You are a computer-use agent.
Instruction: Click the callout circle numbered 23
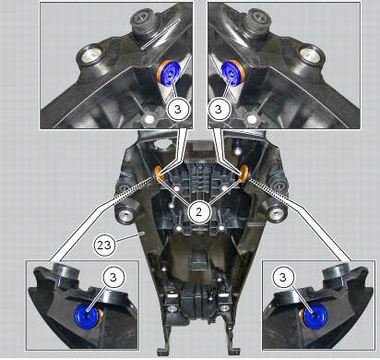tap(104, 246)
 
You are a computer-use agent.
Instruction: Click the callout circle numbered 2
tap(199, 212)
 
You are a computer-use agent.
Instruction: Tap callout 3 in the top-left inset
tap(178, 109)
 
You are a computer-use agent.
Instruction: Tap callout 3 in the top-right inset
tap(219, 109)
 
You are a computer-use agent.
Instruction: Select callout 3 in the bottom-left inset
tap(113, 277)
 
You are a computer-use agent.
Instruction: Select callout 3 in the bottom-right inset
tap(283, 277)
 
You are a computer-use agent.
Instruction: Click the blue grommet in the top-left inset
tap(171, 73)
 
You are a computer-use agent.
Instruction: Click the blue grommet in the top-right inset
tap(231, 73)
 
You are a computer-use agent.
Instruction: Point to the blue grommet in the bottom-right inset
tap(315, 316)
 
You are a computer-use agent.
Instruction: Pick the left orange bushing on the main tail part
tap(160, 174)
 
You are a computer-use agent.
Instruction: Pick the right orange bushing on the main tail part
tap(244, 174)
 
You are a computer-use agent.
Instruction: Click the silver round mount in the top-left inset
tap(91, 56)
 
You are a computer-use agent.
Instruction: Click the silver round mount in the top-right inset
tap(311, 56)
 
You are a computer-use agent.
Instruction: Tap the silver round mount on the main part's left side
tap(125, 213)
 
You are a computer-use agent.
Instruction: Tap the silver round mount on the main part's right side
tap(277, 211)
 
